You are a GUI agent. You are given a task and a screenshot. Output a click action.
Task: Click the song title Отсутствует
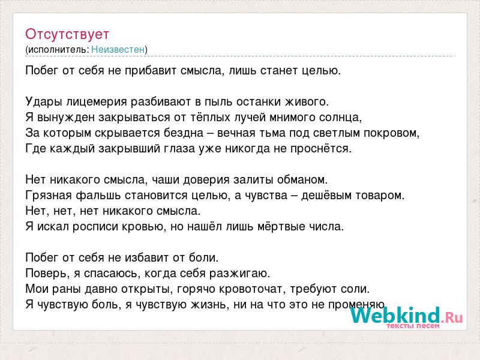click(x=67, y=34)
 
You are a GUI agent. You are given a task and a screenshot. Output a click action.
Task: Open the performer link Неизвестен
click(x=118, y=49)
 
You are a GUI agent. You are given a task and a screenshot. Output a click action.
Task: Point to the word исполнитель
click(x=57, y=50)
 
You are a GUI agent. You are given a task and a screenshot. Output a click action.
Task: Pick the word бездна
click(x=184, y=133)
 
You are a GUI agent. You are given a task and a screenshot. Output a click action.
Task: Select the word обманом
click(x=302, y=179)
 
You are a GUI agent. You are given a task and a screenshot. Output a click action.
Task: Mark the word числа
click(x=326, y=227)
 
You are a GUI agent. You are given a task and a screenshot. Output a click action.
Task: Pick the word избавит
click(x=145, y=258)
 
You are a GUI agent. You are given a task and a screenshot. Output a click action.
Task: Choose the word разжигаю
click(x=239, y=274)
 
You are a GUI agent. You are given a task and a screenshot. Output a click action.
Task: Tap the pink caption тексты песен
click(x=413, y=326)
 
